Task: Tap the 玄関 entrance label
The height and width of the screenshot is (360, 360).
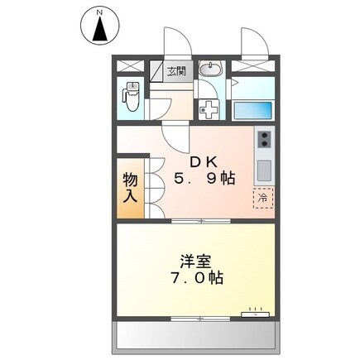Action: (x=177, y=71)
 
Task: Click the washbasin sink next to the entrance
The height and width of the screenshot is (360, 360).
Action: (x=210, y=70)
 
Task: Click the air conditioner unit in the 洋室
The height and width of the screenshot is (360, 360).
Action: (x=254, y=314)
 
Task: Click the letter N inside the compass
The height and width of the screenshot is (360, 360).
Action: (x=99, y=13)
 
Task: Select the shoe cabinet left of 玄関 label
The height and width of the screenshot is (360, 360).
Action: (x=156, y=71)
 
